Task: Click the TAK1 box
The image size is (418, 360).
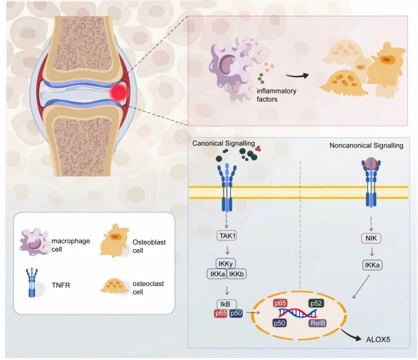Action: tap(227, 236)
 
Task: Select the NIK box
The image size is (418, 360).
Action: tap(371, 238)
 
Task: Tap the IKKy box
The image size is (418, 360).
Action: tap(226, 263)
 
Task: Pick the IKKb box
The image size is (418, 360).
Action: tap(237, 274)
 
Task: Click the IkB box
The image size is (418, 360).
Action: tap(227, 304)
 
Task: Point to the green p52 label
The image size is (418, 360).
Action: tap(316, 303)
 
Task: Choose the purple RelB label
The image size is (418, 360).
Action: tap(317, 323)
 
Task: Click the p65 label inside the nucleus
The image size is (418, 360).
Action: tap(280, 303)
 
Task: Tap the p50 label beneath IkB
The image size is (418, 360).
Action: tap(236, 313)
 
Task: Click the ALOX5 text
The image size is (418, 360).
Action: tap(378, 339)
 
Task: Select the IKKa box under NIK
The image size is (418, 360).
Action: tap(372, 265)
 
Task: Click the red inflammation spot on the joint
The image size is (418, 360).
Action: tap(118, 92)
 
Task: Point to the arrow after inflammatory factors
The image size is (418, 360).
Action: tap(297, 76)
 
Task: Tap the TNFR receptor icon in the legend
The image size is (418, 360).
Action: tap(32, 283)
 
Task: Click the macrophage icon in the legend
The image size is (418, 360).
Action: tap(33, 242)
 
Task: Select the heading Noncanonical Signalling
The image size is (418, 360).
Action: tap(366, 146)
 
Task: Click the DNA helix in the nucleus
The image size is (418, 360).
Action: tap(297, 313)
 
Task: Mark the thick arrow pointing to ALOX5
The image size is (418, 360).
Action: tap(352, 335)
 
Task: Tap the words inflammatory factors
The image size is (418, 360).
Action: tap(277, 95)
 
